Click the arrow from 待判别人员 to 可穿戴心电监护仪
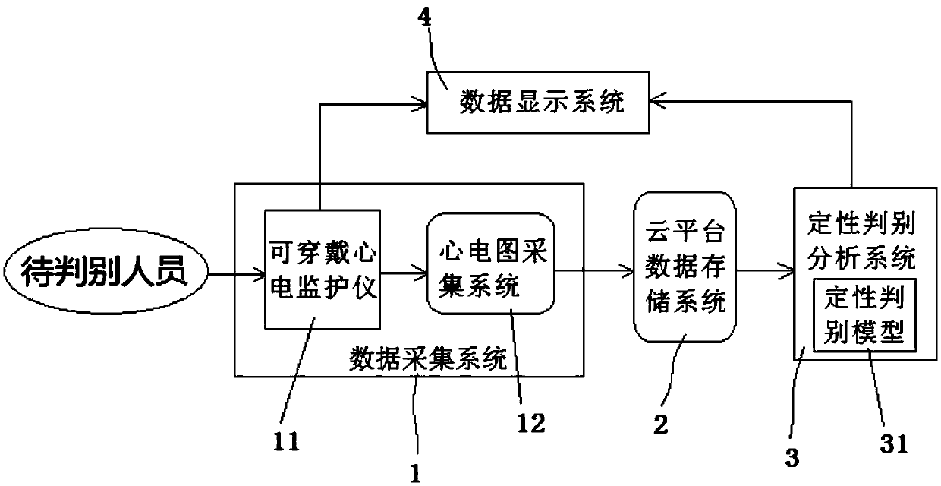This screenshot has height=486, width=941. click(235, 270)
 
